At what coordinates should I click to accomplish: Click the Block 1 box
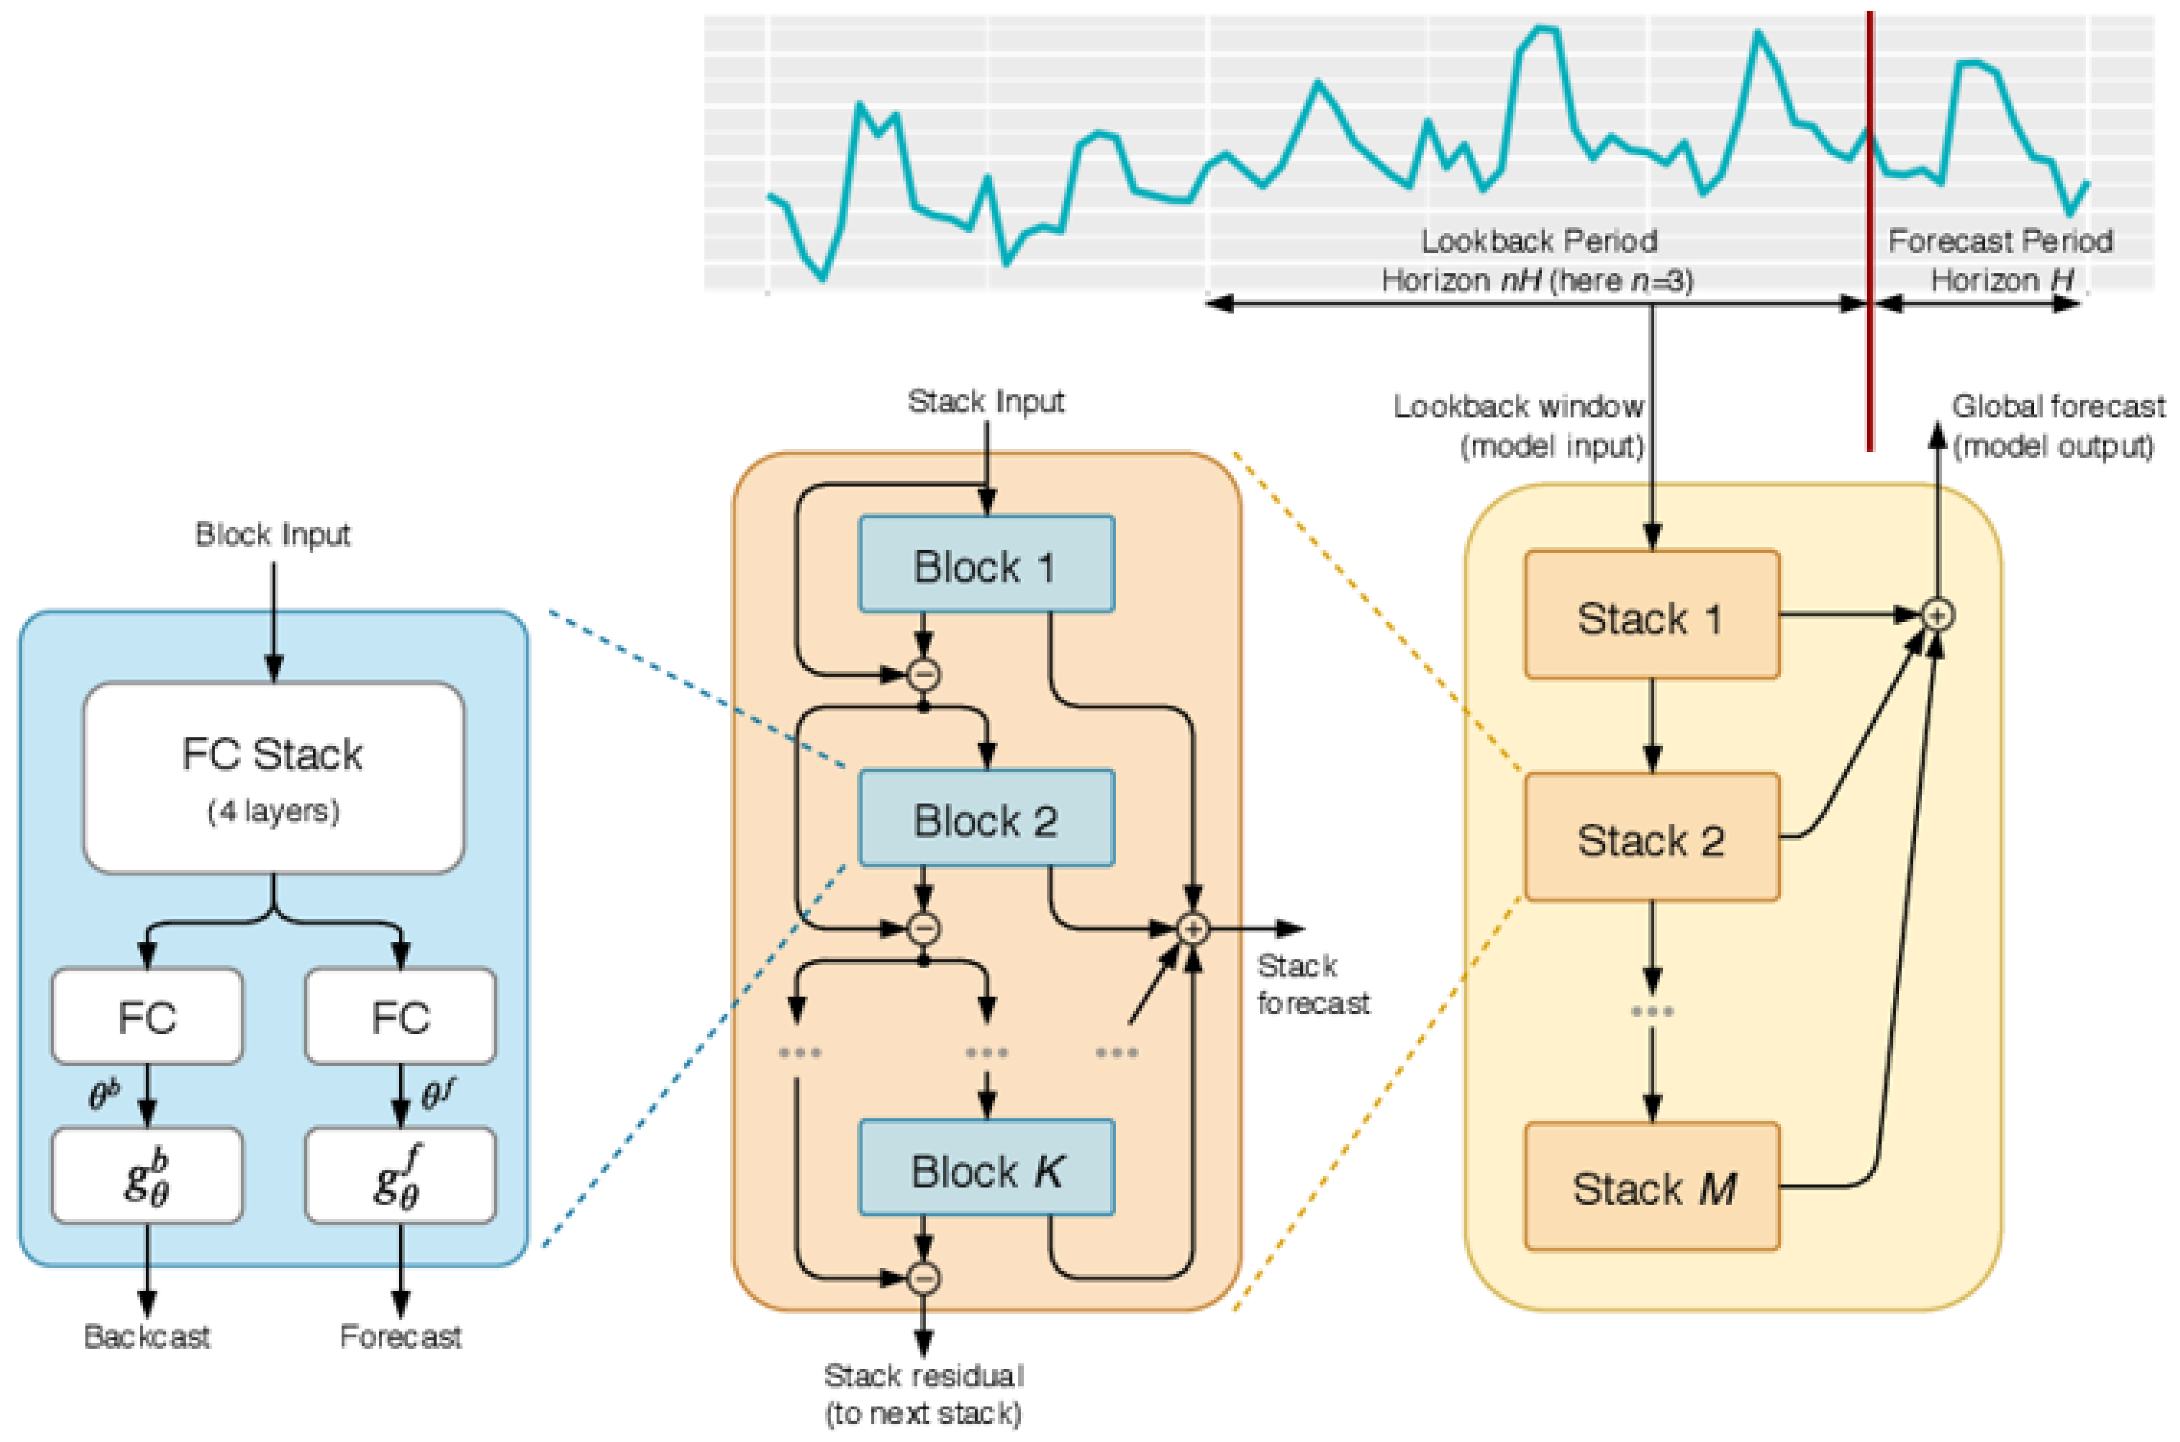(986, 565)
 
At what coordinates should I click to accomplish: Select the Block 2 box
(986, 818)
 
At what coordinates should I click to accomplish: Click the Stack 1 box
(1651, 615)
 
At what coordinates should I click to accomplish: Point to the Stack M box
(1651, 1187)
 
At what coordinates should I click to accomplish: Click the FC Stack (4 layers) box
(273, 777)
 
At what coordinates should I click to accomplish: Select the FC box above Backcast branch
(147, 1016)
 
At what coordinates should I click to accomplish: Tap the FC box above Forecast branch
(400, 1016)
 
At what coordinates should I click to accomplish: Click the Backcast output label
(147, 1336)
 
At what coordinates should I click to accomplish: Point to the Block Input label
(273, 535)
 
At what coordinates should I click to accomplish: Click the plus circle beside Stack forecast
(1193, 929)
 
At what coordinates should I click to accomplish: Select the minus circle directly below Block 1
(924, 675)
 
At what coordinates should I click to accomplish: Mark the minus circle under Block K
(924, 1277)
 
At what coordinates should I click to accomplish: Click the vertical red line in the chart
(1869, 230)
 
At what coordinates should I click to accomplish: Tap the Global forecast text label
(2058, 406)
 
